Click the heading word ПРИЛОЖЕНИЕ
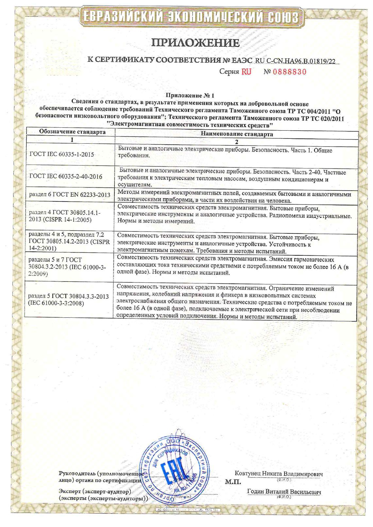195,43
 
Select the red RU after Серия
246,72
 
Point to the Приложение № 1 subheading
190,96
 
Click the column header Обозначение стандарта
72,132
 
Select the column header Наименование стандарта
237,134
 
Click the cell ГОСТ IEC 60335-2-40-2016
66,177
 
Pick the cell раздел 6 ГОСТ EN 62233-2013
70,195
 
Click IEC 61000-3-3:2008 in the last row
56,303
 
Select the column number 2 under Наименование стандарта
237,142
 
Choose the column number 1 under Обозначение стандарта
72,140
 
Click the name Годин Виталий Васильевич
284,492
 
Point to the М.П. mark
233,482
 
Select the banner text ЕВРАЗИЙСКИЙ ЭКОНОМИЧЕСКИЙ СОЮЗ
191,17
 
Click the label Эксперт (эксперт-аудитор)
95,491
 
